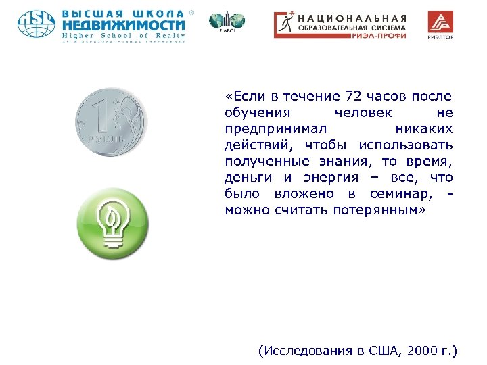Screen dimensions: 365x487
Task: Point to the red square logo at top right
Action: [x=440, y=24]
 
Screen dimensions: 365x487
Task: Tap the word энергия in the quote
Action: [x=329, y=177]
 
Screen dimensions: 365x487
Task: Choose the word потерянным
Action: [x=390, y=210]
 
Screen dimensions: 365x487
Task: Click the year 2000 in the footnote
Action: [x=421, y=351]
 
